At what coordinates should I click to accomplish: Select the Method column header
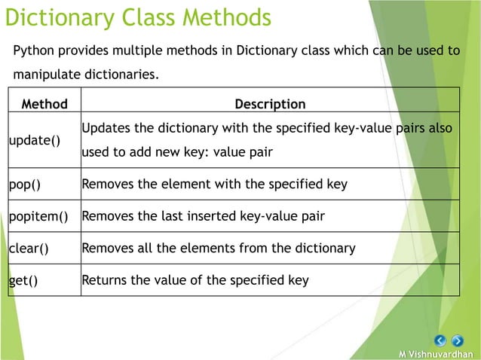(44, 104)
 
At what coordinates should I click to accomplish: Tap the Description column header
(270, 104)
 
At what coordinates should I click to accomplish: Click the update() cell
(35, 141)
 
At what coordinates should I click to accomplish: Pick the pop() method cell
(24, 183)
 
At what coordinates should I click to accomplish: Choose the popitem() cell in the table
(38, 217)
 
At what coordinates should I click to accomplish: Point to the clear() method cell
(28, 248)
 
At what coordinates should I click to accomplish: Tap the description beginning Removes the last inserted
(203, 217)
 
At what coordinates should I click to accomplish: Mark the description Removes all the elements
(218, 248)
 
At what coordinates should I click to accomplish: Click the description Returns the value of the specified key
(195, 281)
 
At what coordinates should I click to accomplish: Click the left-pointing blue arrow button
(441, 341)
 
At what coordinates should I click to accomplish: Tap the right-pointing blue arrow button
(457, 341)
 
